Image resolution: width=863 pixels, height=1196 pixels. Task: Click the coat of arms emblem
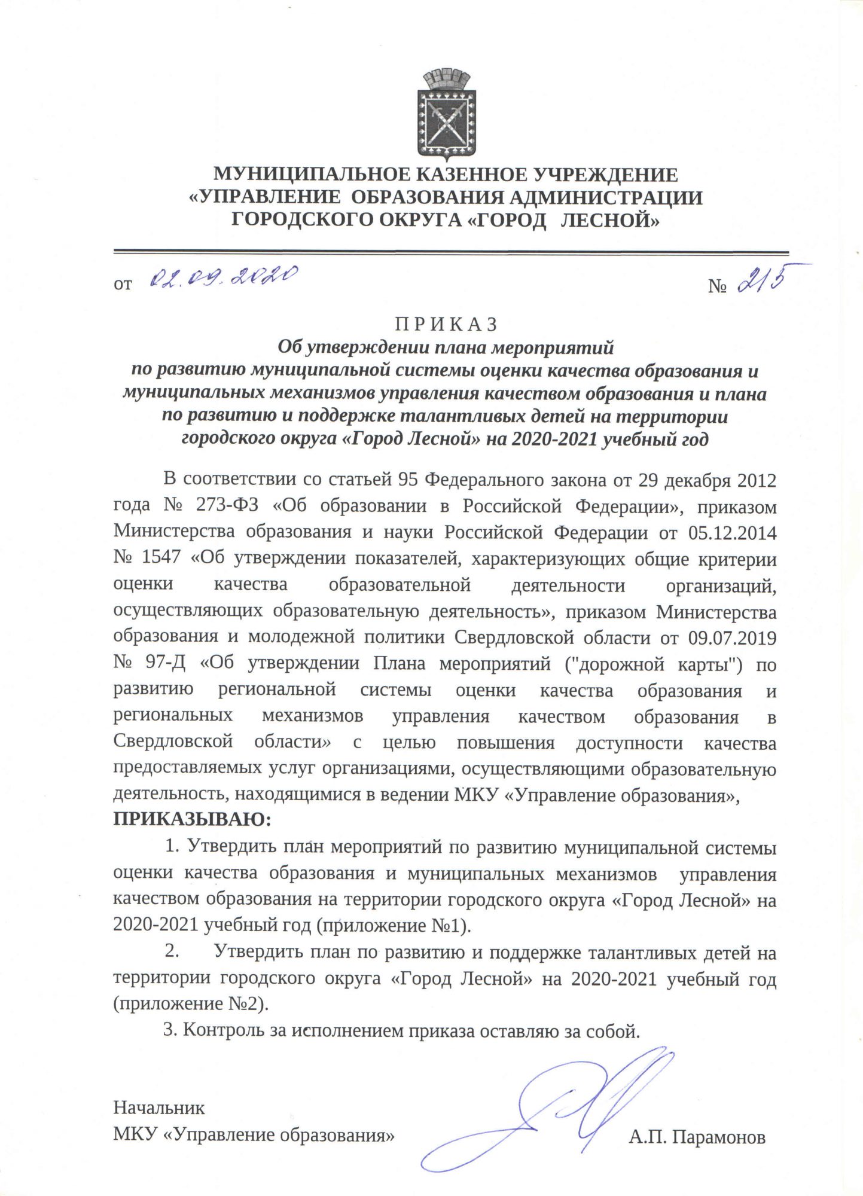(x=447, y=115)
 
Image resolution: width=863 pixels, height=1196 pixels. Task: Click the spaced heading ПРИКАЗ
(x=446, y=324)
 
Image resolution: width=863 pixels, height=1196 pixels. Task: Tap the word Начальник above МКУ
(x=159, y=1107)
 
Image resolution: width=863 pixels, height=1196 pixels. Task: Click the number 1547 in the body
(x=161, y=558)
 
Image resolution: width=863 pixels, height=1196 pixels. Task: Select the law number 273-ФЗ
(x=227, y=505)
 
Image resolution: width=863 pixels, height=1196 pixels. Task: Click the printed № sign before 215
(x=717, y=286)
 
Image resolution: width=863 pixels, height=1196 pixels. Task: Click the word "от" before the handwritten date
(x=123, y=285)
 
